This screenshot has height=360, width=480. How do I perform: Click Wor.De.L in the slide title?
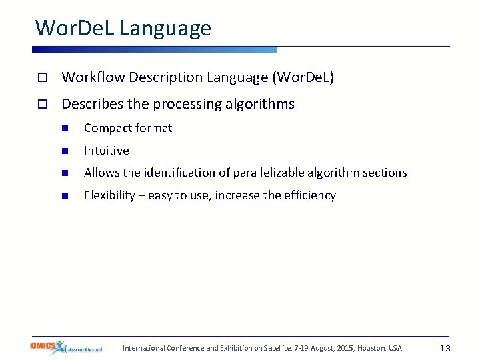point(75,28)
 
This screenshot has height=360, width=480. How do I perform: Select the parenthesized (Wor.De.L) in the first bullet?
point(303,77)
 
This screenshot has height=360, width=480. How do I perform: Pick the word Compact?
point(105,128)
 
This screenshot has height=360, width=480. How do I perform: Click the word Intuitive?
point(107,151)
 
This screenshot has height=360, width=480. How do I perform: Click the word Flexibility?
point(109,195)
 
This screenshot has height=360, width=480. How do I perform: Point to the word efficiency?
point(310,195)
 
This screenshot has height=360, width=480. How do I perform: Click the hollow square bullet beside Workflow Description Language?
point(41,78)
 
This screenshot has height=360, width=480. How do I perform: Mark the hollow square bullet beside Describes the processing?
point(41,105)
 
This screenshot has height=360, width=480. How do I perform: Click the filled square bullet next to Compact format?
point(65,129)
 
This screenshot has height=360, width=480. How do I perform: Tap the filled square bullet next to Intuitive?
point(65,151)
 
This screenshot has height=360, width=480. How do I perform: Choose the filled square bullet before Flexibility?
point(65,196)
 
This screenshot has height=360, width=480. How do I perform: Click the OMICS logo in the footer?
point(65,347)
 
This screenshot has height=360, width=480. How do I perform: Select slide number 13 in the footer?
point(445,349)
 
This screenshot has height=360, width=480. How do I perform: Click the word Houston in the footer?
point(371,348)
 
